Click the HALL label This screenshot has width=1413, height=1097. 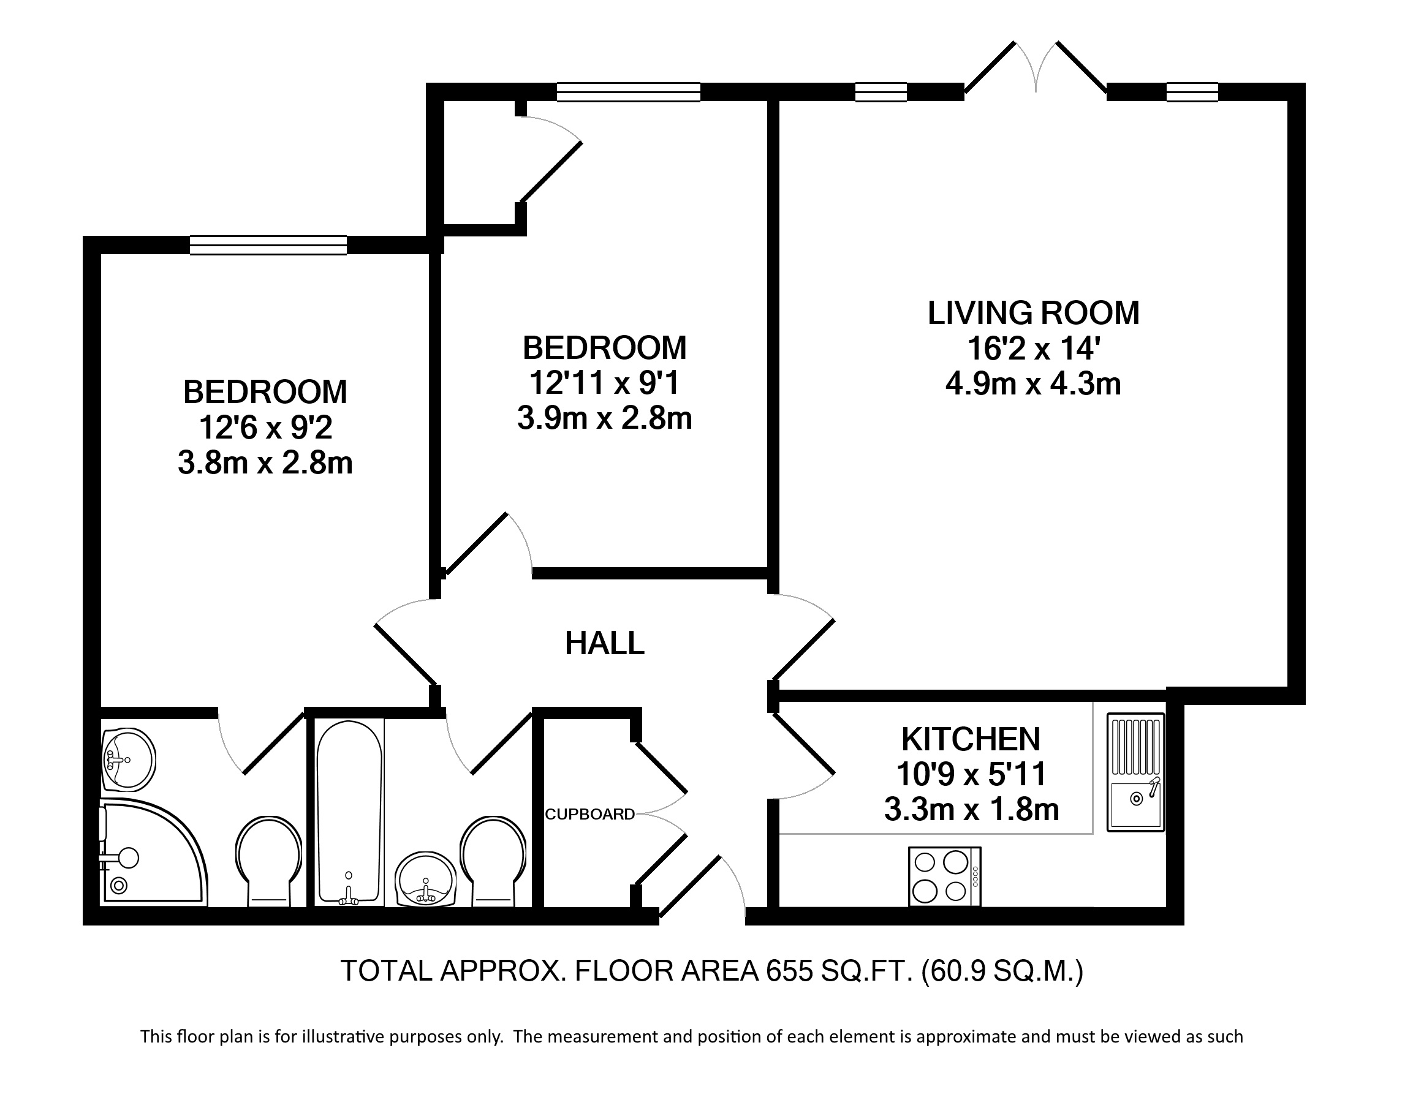[604, 644]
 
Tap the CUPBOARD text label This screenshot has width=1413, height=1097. [589, 815]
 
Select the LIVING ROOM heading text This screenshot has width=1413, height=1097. [1033, 313]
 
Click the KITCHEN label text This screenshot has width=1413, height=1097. [971, 739]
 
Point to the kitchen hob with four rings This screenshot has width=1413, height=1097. [945, 876]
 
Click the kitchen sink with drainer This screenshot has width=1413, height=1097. [1135, 772]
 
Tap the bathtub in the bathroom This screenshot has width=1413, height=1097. [349, 812]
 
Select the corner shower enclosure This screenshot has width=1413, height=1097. [153, 853]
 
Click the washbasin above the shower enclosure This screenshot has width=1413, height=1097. [128, 759]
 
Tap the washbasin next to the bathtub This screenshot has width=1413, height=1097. [425, 879]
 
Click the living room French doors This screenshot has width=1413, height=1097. [1035, 67]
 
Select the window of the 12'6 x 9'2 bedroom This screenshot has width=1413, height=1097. [268, 245]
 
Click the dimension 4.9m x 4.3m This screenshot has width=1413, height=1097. [1033, 384]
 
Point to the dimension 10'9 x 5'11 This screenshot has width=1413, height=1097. [971, 774]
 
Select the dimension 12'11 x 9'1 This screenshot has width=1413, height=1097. [604, 383]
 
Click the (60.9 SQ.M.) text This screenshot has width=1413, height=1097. [1002, 971]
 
